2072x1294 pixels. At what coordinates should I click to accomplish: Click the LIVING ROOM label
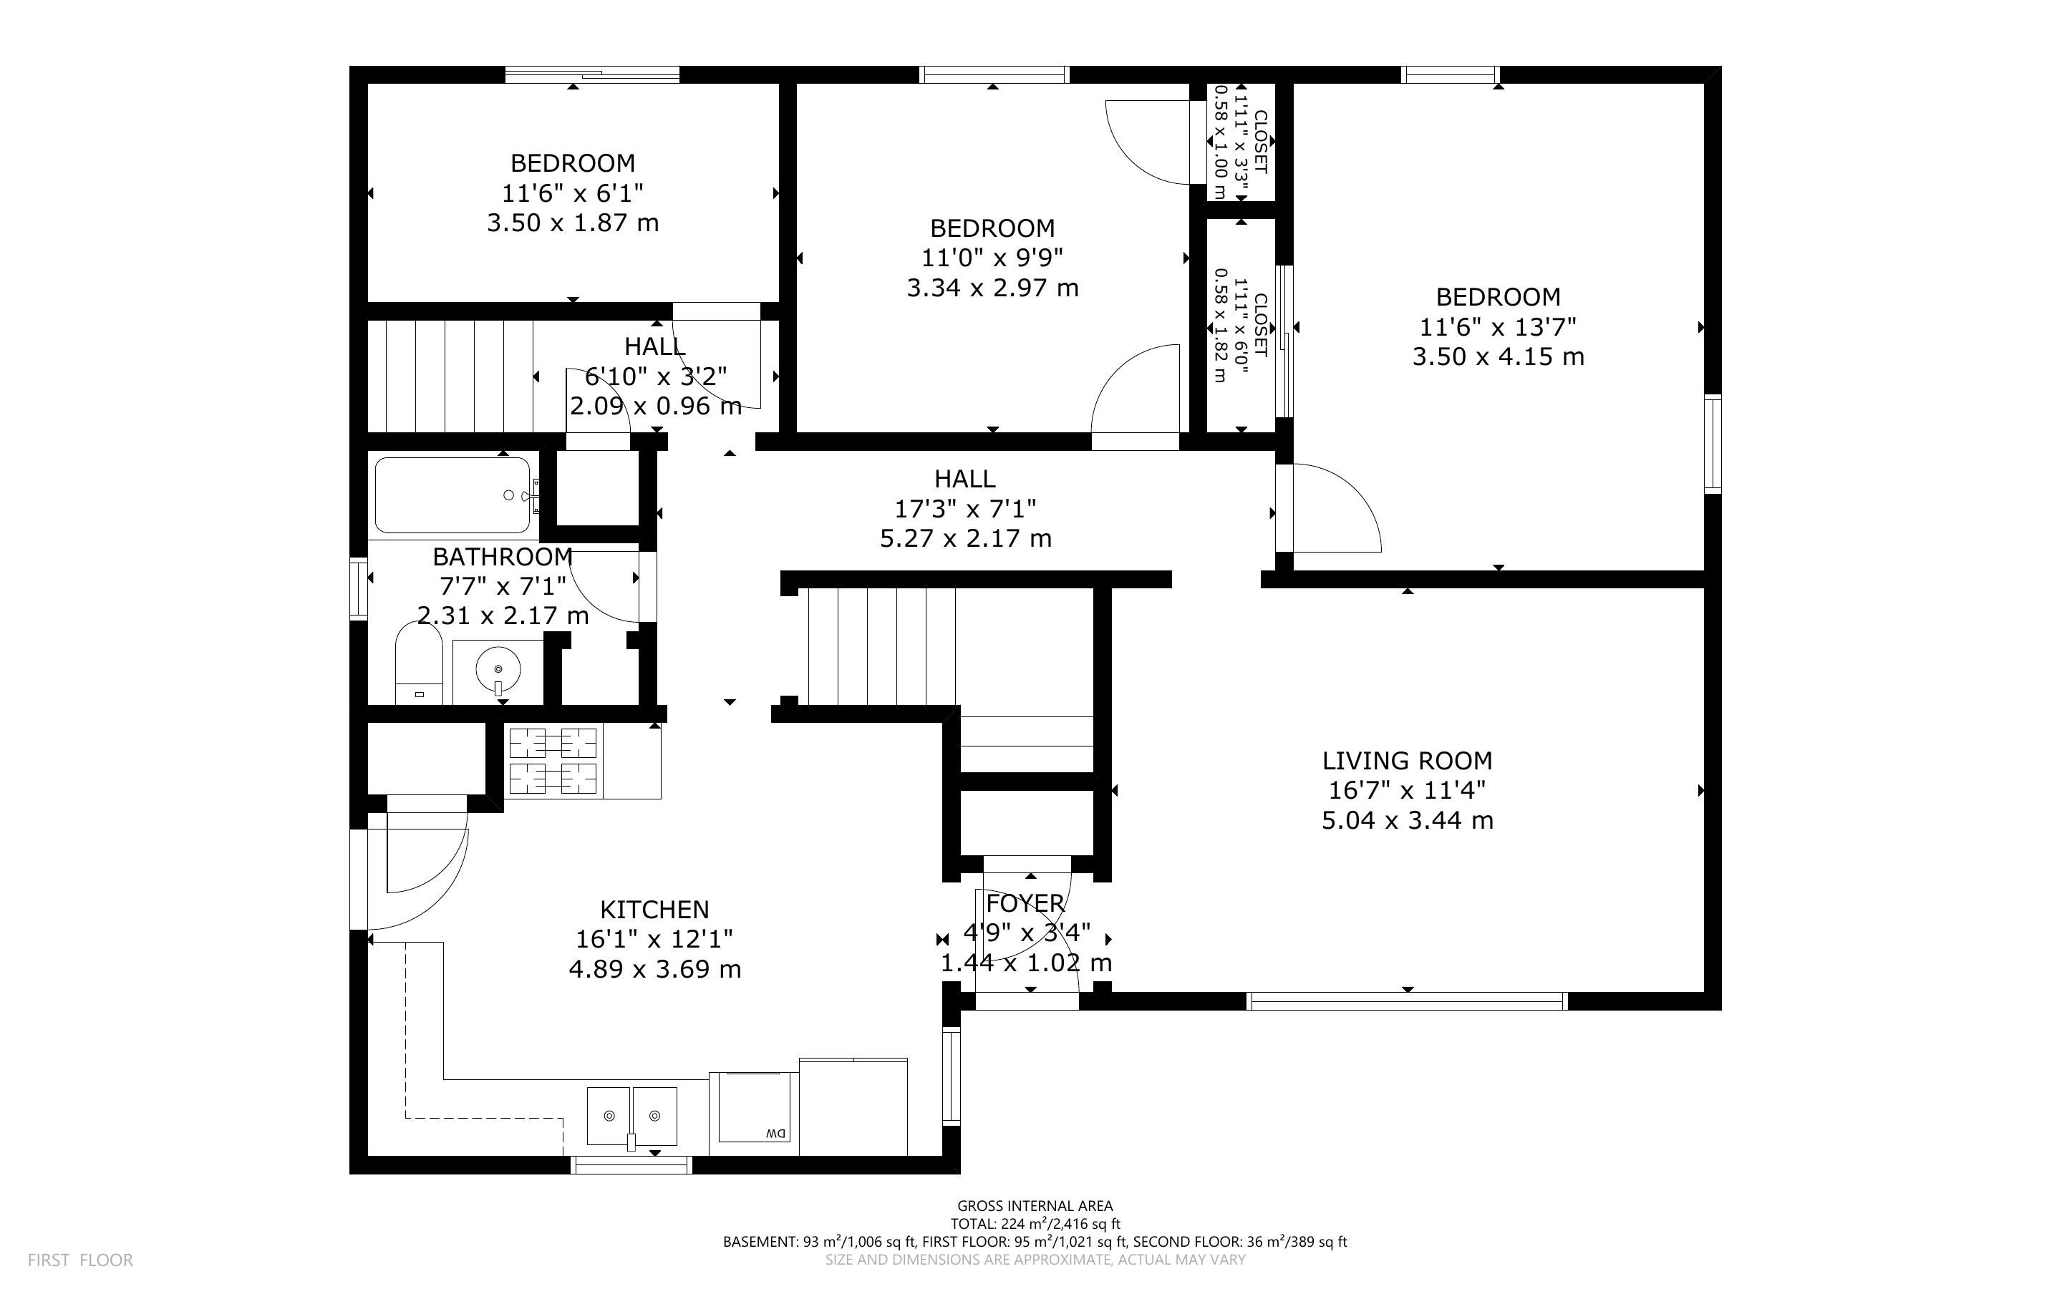[x=1407, y=761]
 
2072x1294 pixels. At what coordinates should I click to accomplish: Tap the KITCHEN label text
[x=654, y=910]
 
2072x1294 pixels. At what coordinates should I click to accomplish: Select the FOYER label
[x=1025, y=904]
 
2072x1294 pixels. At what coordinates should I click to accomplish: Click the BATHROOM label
[x=503, y=557]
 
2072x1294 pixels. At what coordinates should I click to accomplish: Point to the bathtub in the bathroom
[x=454, y=495]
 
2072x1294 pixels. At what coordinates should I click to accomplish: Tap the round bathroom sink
[x=498, y=666]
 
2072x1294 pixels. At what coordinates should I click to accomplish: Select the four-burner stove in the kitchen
[x=553, y=761]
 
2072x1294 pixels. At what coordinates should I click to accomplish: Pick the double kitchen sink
[x=631, y=1116]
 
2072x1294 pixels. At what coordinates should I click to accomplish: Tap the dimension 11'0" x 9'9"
[x=993, y=258]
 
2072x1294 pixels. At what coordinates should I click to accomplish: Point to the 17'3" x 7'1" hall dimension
[x=965, y=509]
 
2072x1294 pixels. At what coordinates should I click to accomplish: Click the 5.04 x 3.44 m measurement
[x=1407, y=821]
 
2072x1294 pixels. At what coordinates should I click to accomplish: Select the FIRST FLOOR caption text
[x=80, y=1260]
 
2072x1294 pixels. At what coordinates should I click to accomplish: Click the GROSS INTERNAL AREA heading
[x=1035, y=1207]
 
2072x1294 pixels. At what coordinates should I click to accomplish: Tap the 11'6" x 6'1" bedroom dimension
[x=573, y=193]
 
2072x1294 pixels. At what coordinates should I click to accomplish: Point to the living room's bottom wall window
[x=1407, y=1001]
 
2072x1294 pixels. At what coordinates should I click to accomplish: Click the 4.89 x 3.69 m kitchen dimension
[x=654, y=970]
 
